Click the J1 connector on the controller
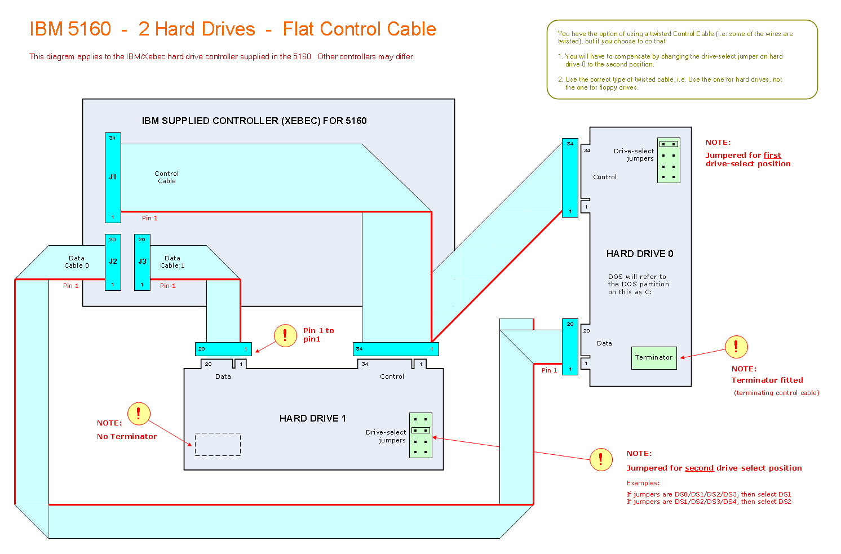(113, 178)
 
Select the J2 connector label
(113, 262)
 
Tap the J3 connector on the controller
(142, 262)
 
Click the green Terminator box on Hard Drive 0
(654, 358)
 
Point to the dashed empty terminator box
(218, 444)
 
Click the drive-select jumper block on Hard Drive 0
(669, 161)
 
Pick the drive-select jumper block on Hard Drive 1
(420, 435)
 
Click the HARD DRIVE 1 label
(312, 418)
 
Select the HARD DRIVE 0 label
(640, 254)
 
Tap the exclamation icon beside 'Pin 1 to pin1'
(285, 336)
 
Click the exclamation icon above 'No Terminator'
(139, 414)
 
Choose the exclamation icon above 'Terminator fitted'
(736, 347)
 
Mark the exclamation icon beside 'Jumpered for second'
(601, 459)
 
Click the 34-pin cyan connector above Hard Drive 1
(396, 349)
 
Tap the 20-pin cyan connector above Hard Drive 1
(223, 349)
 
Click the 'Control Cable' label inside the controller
(167, 178)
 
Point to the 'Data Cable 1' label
(172, 262)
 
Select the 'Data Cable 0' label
(77, 262)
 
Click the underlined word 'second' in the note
(699, 468)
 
